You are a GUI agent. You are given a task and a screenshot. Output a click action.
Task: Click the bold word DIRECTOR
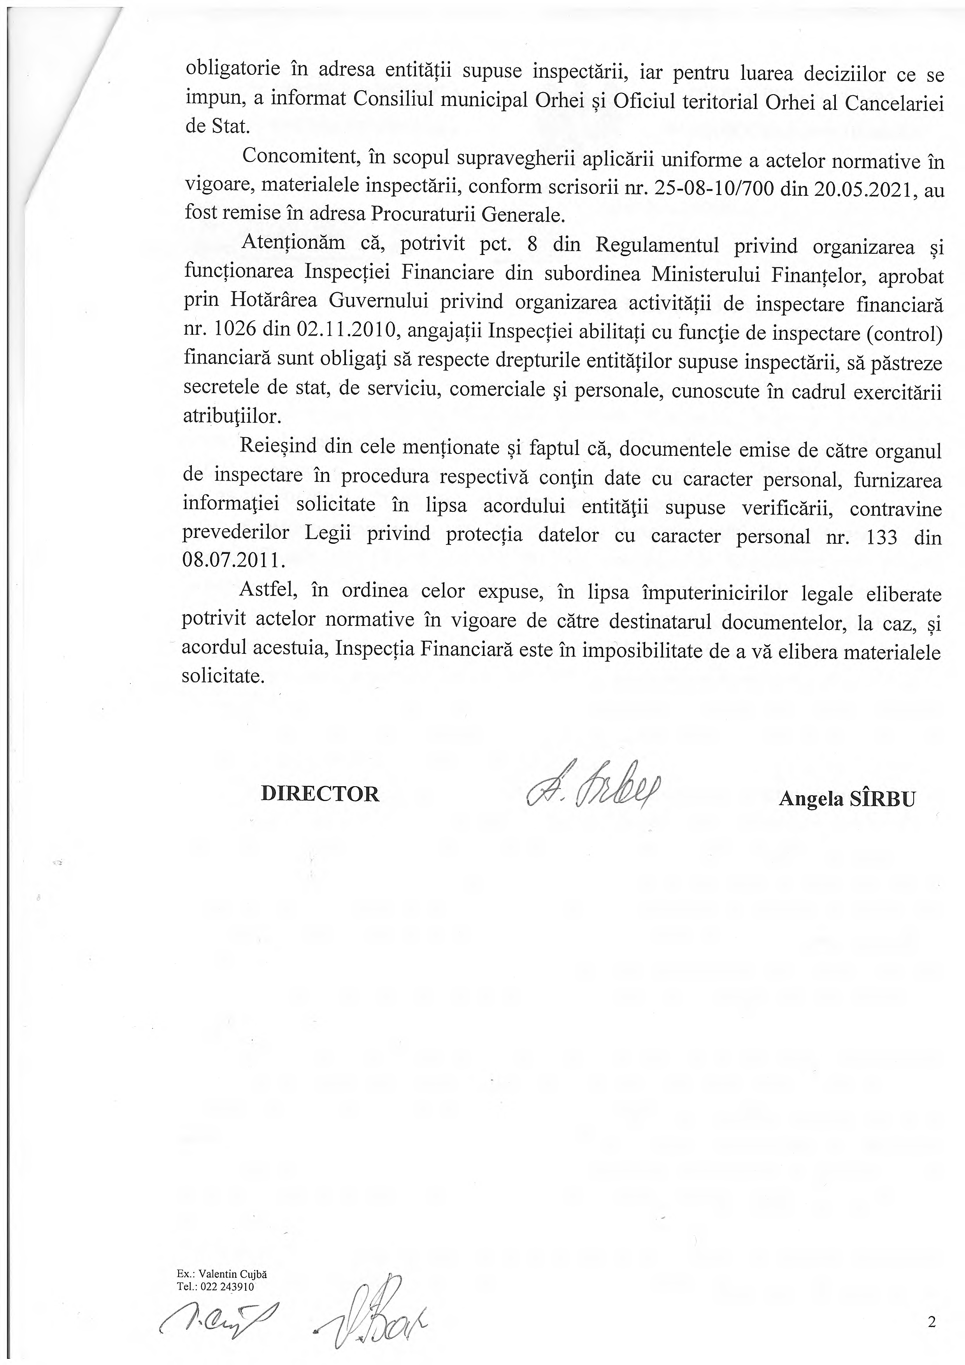click(320, 794)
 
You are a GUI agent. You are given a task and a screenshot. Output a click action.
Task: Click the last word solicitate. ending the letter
click(223, 676)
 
